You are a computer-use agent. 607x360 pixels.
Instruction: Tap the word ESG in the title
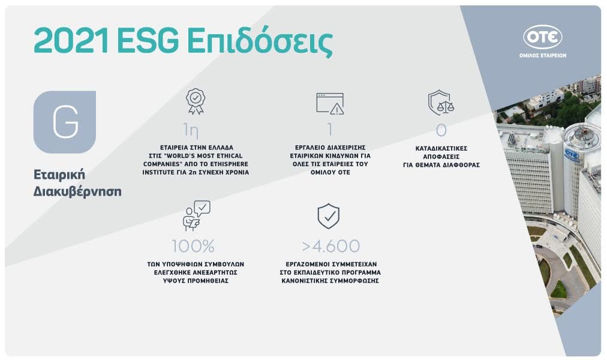pos(148,41)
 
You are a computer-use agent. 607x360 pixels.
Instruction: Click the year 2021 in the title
pos(71,41)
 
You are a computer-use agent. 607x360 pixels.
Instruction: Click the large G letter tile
pos(65,122)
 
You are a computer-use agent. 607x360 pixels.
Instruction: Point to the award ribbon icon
pos(196,101)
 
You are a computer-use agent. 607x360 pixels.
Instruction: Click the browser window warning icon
pos(330,103)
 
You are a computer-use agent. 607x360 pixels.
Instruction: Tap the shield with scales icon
pos(441,103)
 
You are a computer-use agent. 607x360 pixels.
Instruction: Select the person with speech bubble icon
pos(196,215)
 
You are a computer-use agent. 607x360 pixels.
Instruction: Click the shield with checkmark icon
pos(328,216)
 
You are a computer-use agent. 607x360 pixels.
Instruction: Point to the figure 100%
pos(193,246)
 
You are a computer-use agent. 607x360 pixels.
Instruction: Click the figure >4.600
pos(331,246)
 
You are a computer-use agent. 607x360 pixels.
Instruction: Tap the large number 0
pos(441,130)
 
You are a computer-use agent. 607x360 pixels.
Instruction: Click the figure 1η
pos(191,130)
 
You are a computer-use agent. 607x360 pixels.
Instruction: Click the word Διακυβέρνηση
pos(77,191)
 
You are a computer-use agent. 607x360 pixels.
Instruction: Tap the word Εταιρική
pos(59,175)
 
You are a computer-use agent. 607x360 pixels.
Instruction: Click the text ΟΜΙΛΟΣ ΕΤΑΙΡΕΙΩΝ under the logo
pos(543,55)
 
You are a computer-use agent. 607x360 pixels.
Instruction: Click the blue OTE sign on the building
pos(572,154)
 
